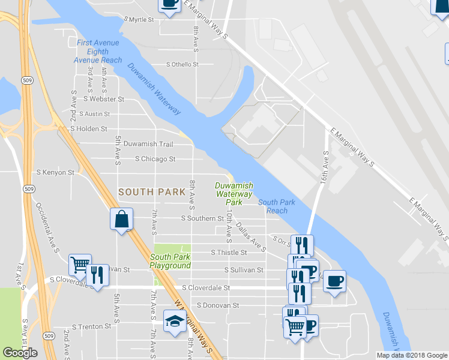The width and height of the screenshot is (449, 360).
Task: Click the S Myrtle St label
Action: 139,20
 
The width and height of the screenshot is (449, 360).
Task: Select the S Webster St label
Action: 104,99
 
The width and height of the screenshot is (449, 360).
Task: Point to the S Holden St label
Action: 88,128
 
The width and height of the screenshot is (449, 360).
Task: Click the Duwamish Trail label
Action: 148,144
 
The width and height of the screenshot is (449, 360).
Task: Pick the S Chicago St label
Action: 155,159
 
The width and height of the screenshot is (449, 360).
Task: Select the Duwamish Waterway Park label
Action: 234,194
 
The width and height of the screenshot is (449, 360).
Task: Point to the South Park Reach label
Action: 277,206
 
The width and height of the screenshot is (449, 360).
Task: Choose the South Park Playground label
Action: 170,261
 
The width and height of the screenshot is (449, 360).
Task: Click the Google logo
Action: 21,353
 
